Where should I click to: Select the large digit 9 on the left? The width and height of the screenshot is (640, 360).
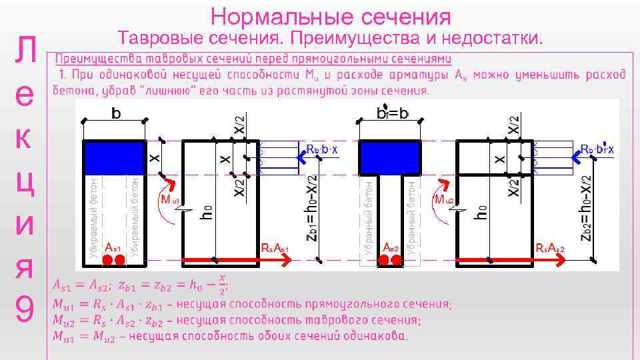tap(25, 309)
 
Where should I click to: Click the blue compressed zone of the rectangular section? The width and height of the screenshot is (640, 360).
tap(115, 158)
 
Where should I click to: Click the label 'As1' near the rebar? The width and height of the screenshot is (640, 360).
tap(114, 248)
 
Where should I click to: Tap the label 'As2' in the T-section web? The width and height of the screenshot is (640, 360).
tap(391, 248)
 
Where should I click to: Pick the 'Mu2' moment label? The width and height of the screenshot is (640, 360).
tap(444, 200)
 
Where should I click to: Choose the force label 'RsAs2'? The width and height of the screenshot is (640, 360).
tap(551, 249)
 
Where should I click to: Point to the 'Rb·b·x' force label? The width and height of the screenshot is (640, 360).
tap(321, 149)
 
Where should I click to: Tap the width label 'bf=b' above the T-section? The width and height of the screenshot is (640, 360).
tap(393, 114)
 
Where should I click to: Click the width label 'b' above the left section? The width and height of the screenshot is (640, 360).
tap(116, 114)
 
